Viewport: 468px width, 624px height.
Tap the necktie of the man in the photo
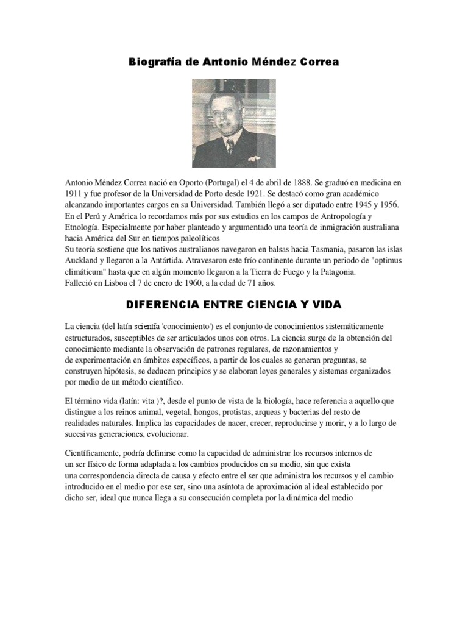click(x=229, y=146)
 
